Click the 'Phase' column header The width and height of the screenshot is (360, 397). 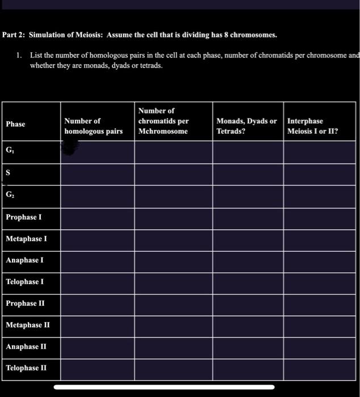tap(15, 124)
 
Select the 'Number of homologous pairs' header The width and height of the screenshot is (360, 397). tap(93, 126)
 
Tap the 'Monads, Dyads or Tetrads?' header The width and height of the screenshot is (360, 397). tap(246, 126)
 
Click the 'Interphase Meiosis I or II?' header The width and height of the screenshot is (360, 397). tap(313, 126)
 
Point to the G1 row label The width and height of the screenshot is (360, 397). tap(10, 151)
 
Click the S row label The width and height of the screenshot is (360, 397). tap(9, 173)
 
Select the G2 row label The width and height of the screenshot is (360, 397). tap(10, 195)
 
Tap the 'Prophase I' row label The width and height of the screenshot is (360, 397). tap(24, 217)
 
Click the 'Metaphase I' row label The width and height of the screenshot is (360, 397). tap(26, 239)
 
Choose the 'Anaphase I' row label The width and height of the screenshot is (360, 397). tap(25, 260)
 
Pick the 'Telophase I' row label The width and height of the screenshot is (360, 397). tap(25, 282)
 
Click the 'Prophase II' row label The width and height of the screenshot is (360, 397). tap(25, 303)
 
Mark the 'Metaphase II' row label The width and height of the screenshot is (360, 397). tap(28, 325)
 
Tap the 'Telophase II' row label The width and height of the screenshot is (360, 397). tap(27, 368)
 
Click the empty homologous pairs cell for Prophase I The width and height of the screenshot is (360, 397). tap(97, 217)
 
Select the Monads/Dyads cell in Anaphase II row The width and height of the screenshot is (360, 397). tap(248, 347)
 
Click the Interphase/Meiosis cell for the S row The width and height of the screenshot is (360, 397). tap(319, 173)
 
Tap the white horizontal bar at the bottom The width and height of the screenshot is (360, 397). tap(164, 387)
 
